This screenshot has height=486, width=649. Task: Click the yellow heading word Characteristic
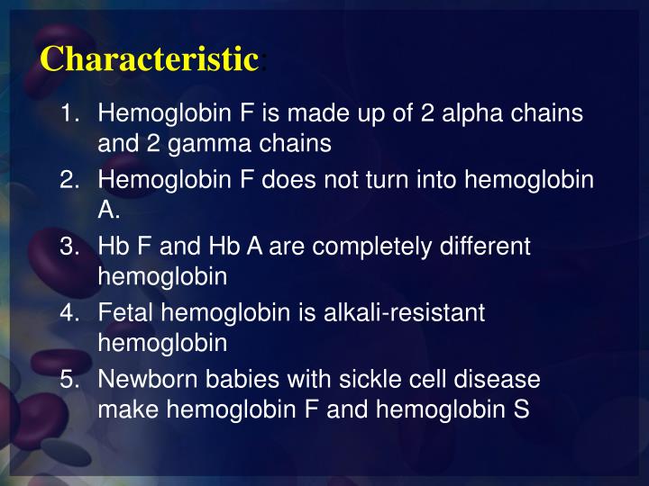pyautogui.click(x=150, y=59)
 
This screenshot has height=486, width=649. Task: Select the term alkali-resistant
pyautogui.click(x=408, y=313)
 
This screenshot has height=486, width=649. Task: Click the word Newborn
pyautogui.click(x=143, y=380)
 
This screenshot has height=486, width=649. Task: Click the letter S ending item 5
pyautogui.click(x=520, y=409)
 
